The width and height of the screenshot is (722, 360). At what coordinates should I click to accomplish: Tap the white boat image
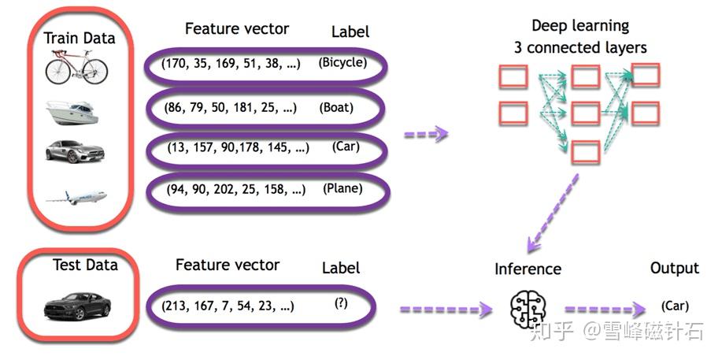point(72,113)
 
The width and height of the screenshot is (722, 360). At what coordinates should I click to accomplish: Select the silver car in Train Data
point(75,152)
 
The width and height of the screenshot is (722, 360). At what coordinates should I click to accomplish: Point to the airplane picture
point(76,197)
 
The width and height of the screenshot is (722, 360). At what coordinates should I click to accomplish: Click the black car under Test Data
point(77,306)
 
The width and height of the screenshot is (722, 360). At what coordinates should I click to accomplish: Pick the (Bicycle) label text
point(342,63)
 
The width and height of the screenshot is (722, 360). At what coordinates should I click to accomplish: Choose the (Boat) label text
point(336,108)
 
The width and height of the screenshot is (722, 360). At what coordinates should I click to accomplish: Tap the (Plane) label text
point(342,188)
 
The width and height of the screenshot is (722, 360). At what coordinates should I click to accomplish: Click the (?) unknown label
point(341,303)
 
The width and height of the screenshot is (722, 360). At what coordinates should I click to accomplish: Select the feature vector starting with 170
point(231,64)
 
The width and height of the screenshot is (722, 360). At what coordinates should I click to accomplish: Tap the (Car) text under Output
point(675,306)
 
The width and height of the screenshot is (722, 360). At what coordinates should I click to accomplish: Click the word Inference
point(528,269)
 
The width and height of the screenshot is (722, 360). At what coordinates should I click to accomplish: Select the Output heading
point(675,269)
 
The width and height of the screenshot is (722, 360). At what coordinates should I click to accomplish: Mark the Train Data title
point(80,38)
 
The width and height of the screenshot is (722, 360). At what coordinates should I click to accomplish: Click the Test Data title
point(85,265)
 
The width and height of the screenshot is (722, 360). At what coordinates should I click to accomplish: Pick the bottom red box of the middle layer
point(586,153)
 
